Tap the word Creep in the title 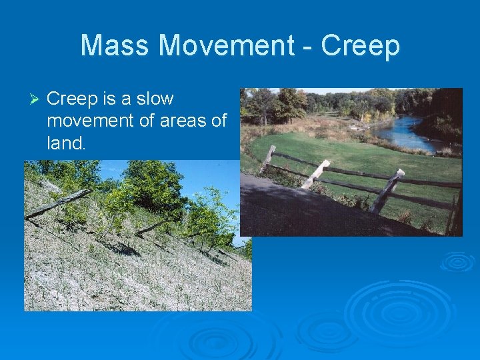tap(360, 46)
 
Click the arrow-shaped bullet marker tap(36, 99)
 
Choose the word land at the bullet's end tap(65, 143)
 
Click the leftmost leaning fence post tap(268, 160)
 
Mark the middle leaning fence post tap(315, 174)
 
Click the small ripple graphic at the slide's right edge tap(457, 261)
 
